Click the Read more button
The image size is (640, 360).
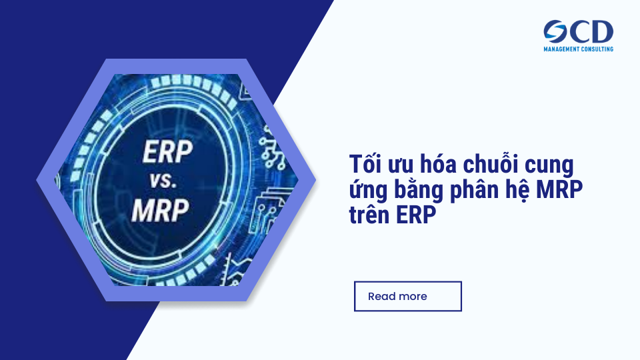pyautogui.click(x=407, y=296)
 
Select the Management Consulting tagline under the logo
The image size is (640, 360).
pyautogui.click(x=578, y=49)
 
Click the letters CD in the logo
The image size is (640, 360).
pyautogui.click(x=593, y=31)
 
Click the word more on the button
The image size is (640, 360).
pyautogui.click(x=413, y=296)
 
